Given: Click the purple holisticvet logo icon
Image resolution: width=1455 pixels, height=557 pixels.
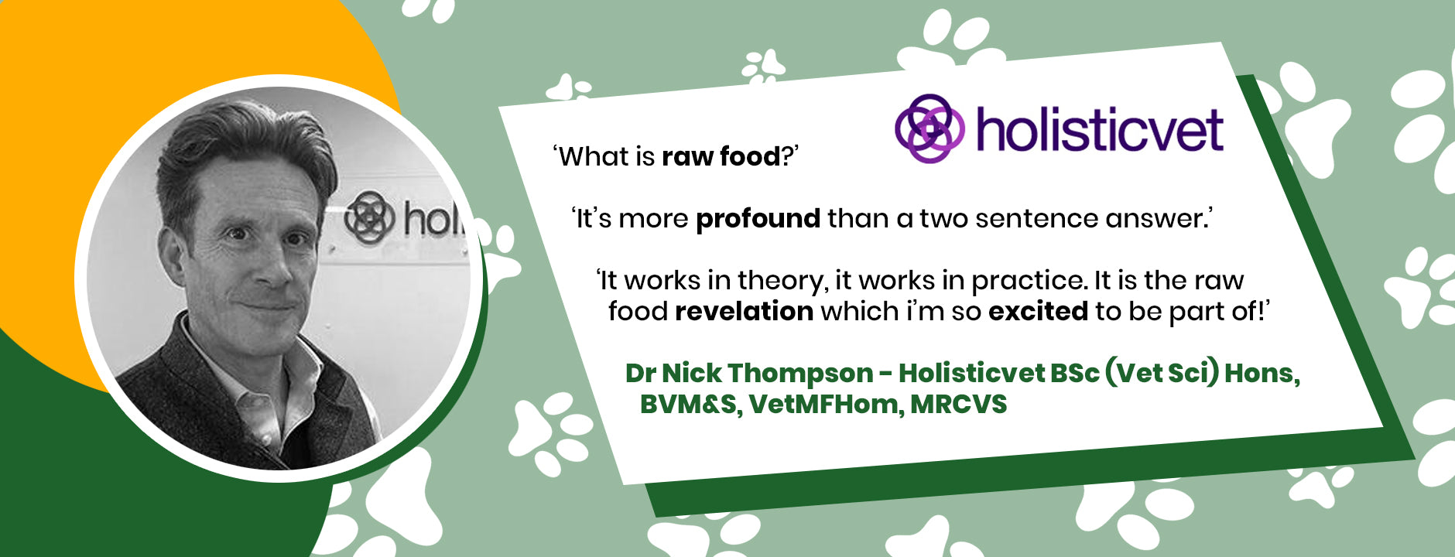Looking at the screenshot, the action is pyautogui.click(x=929, y=128).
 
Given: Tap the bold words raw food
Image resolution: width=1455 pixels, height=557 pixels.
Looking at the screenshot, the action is pyautogui.click(x=721, y=156).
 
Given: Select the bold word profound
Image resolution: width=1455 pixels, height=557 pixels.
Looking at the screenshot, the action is pyautogui.click(x=758, y=219).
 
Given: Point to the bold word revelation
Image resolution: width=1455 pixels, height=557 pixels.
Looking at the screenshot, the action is pyautogui.click(x=744, y=311).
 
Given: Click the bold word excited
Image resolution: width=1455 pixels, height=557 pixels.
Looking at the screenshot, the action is pyautogui.click(x=1038, y=311).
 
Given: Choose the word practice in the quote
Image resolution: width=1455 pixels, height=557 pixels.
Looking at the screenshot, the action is pyautogui.click(x=1027, y=280).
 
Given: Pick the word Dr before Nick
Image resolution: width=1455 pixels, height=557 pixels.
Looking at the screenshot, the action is pyautogui.click(x=641, y=374).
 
